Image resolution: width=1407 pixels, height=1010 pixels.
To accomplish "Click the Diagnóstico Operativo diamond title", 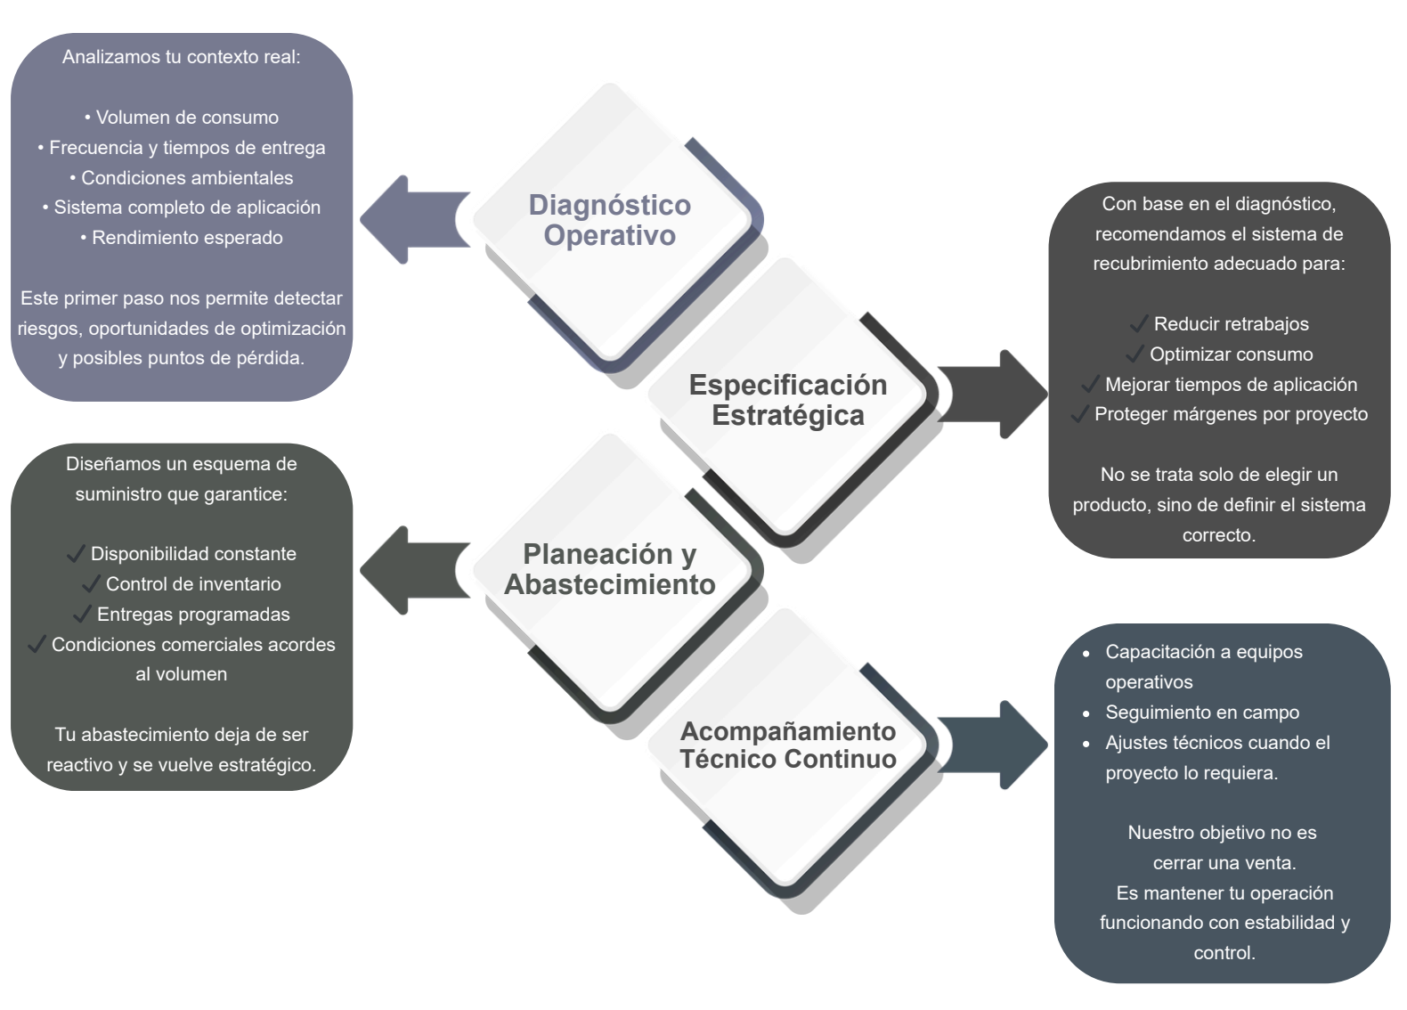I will pyautogui.click(x=610, y=220).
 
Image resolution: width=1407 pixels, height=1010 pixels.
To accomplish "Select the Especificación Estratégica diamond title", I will pyautogui.click(x=788, y=400).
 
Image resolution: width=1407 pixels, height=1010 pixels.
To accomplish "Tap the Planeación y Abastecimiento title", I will pyautogui.click(x=610, y=569).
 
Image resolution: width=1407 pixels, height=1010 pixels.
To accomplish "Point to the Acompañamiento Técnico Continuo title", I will pyautogui.click(x=788, y=745).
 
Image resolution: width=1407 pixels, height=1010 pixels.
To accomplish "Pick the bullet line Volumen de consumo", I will pyautogui.click(x=182, y=118).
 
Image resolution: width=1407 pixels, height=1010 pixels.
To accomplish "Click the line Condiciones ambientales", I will pyautogui.click(x=182, y=178).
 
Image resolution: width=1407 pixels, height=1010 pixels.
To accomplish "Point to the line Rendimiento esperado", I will pyautogui.click(x=182, y=238).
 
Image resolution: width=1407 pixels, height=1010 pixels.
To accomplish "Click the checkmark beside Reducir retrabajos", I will pyautogui.click(x=1138, y=324).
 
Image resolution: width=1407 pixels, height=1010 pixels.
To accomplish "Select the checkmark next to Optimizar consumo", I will pyautogui.click(x=1135, y=354).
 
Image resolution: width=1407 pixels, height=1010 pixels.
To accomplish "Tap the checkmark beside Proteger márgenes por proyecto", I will pyautogui.click(x=1079, y=414).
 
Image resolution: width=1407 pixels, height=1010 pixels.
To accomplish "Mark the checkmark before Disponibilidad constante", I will pyautogui.click(x=76, y=554).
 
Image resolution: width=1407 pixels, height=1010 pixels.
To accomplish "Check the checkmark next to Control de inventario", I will pyautogui.click(x=91, y=584).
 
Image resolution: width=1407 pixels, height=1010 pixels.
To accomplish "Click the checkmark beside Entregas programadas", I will pyautogui.click(x=82, y=615).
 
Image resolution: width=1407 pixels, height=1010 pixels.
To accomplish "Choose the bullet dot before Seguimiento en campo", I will pyautogui.click(x=1086, y=713).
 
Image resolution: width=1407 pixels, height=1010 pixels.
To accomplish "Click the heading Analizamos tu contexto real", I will pyautogui.click(x=182, y=57).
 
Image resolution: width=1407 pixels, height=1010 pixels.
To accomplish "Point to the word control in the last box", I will pyautogui.click(x=1224, y=953).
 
